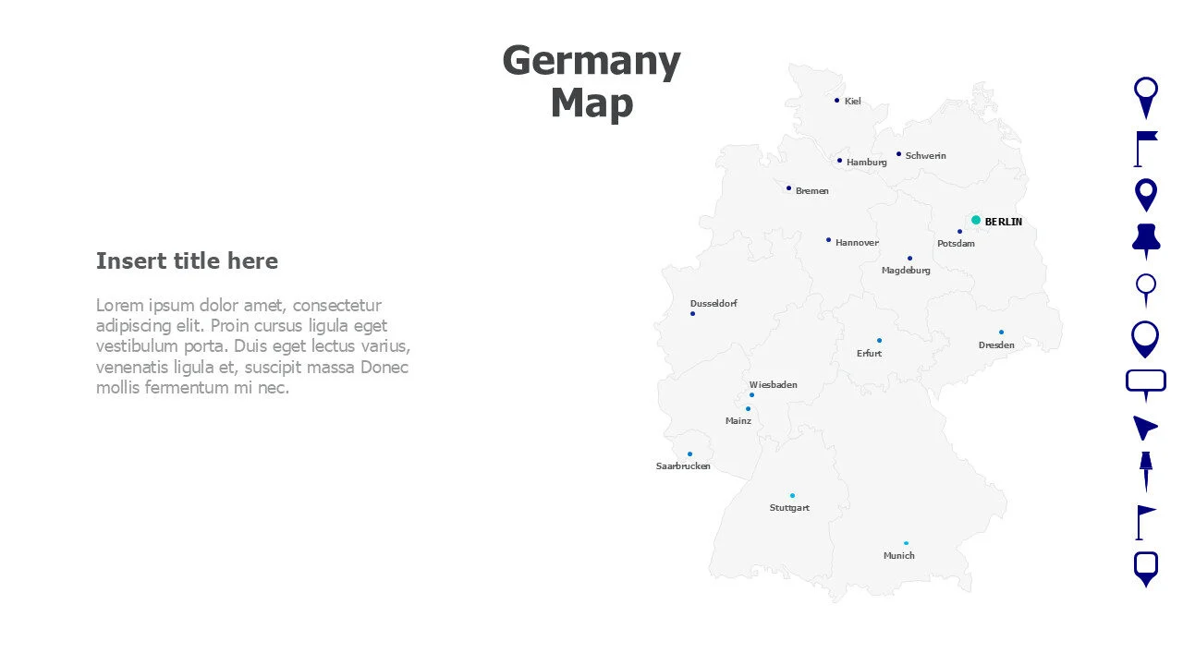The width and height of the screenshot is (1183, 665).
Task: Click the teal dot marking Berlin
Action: [x=976, y=220]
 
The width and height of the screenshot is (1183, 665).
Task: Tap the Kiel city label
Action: [x=852, y=102]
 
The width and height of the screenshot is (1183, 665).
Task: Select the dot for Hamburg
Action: [x=839, y=161]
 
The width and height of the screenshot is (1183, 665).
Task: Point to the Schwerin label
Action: [x=925, y=156]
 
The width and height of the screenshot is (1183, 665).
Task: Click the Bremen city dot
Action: [x=788, y=188]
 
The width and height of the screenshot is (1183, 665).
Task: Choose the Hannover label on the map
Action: [x=857, y=243]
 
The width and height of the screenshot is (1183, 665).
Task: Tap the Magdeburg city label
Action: [x=906, y=271]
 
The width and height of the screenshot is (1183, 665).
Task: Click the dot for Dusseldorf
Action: [x=692, y=314]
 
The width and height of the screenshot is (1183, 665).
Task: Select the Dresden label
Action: [x=996, y=345]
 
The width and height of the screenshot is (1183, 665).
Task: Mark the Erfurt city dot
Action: [x=879, y=340]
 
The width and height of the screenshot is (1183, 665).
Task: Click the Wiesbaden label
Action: [x=773, y=385]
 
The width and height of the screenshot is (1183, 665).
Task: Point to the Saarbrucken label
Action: [x=683, y=466]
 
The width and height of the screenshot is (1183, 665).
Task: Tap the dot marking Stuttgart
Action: [x=792, y=496]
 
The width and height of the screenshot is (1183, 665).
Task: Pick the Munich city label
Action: [x=898, y=556]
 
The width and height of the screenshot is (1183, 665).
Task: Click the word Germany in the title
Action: [x=591, y=62]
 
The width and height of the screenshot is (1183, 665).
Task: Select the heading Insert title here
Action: [x=187, y=261]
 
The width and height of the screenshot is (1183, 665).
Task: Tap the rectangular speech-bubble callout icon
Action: [x=1146, y=382]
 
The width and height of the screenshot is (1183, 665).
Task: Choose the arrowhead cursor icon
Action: [x=1144, y=427]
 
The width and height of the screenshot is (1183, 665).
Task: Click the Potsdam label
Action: [x=956, y=244]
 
